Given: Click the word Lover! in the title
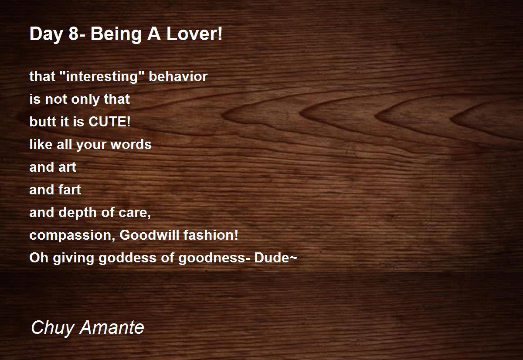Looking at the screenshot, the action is (194, 34).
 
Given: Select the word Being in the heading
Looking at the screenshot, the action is (116, 34).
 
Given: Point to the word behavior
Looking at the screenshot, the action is (178, 76).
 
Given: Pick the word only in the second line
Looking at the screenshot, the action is (85, 99).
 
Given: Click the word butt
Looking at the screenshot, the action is (43, 122).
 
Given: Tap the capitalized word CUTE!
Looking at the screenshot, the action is (109, 122).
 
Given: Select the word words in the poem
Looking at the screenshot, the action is (131, 144).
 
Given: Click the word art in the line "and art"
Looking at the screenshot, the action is (67, 167).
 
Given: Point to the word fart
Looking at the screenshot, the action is (70, 190).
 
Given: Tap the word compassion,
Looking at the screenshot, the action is (72, 235).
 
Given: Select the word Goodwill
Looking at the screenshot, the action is (149, 235).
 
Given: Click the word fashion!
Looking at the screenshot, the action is (211, 235).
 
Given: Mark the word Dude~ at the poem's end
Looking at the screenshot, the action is (276, 258).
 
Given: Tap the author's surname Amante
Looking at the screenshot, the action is (112, 327).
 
